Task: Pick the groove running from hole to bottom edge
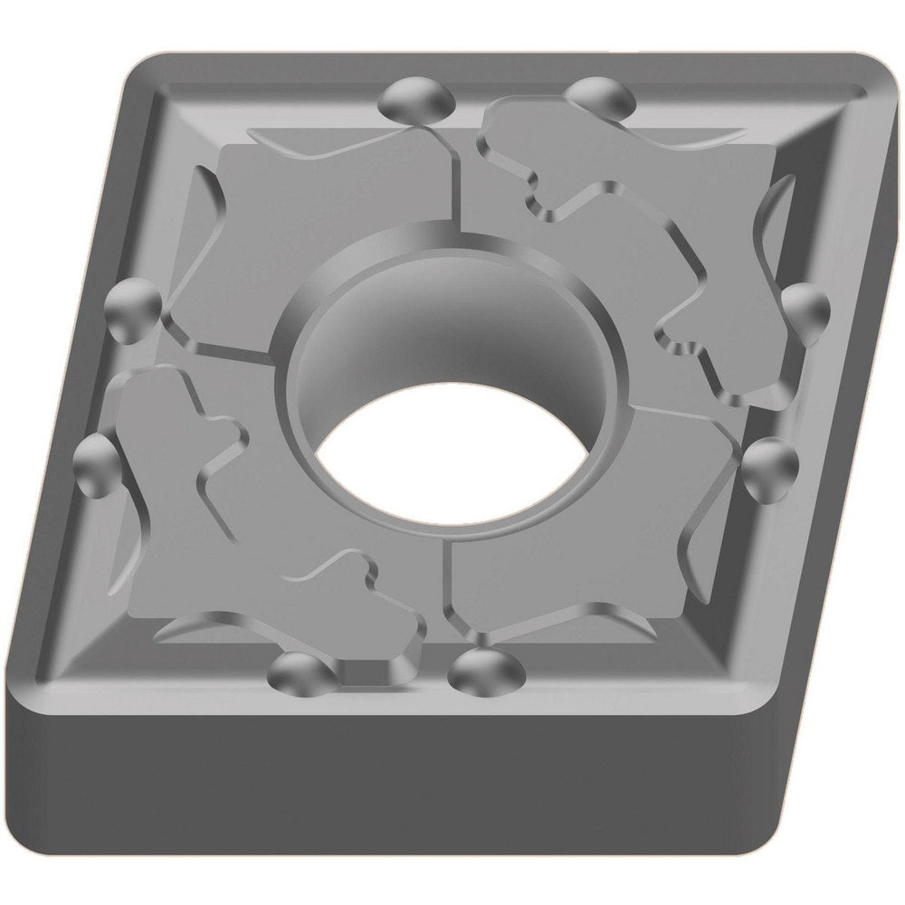[x=443, y=588]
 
